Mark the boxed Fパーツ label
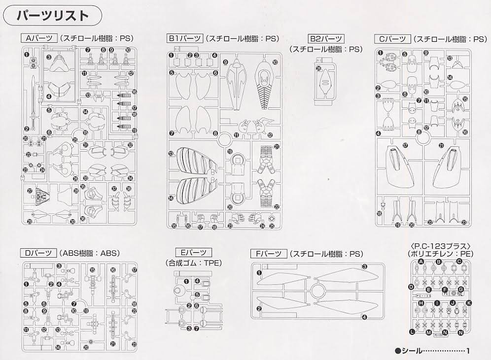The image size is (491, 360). (x=268, y=254)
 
